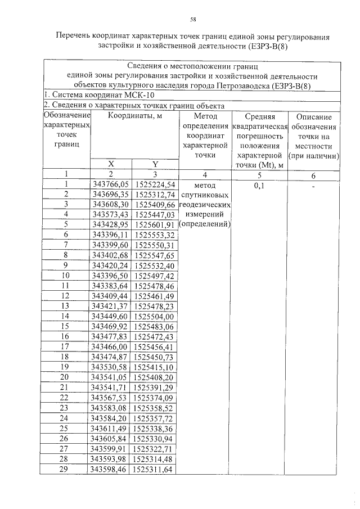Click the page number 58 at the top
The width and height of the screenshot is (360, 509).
tap(192, 19)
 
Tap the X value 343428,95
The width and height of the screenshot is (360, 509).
tap(111, 224)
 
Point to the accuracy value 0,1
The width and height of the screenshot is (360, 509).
tap(259, 183)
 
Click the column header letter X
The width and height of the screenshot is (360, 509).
tap(111, 164)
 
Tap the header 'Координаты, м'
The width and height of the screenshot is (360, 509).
tap(132, 116)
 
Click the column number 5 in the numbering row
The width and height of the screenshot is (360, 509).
tap(259, 174)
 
